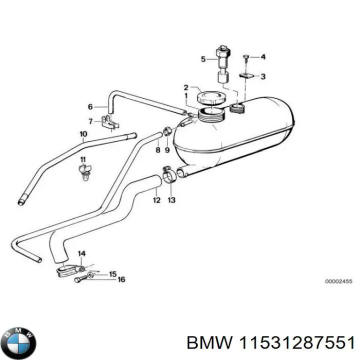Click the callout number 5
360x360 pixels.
click(x=203, y=59)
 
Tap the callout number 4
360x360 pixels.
click(x=263, y=57)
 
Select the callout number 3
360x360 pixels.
click(x=263, y=76)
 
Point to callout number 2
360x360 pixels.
click(x=185, y=87)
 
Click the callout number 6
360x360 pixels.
click(x=90, y=106)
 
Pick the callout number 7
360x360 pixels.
click(x=90, y=121)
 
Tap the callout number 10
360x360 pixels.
click(x=83, y=134)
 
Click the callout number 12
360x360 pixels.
click(x=156, y=200)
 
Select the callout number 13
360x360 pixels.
click(x=171, y=200)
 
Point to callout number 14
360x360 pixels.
click(x=82, y=253)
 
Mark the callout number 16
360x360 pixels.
click(x=121, y=280)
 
